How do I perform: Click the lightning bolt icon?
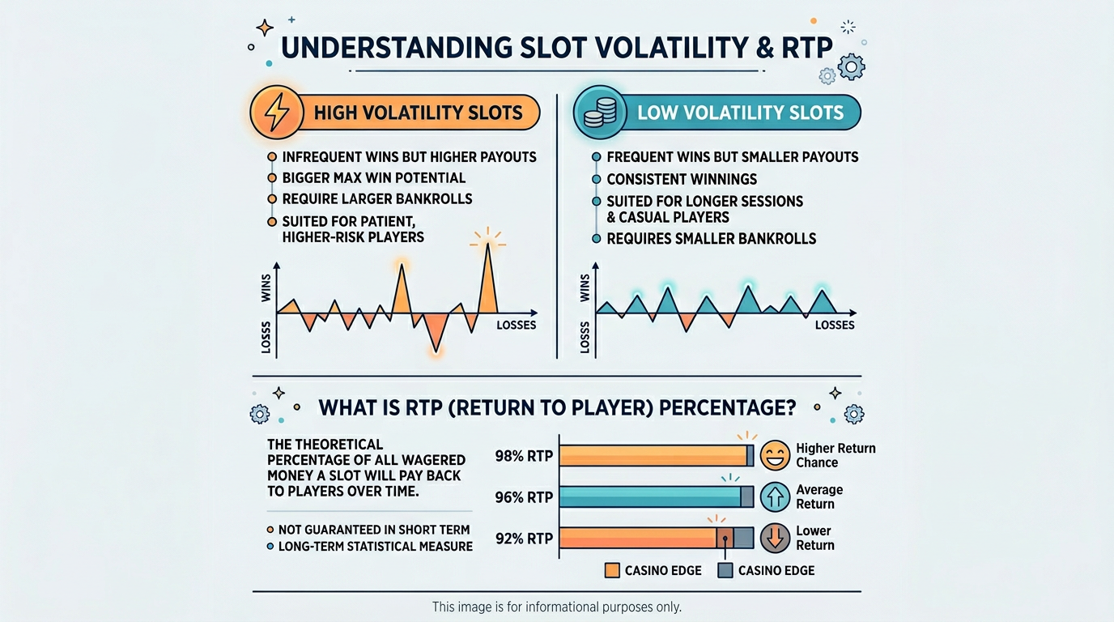coord(277,112)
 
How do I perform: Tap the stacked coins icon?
coord(600,113)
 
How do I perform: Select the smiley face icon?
coord(775,455)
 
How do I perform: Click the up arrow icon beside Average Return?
coord(775,496)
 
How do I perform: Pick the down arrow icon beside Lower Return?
coord(775,538)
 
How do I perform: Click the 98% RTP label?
coord(524,456)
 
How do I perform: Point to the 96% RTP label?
coord(524,497)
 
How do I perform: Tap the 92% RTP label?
coord(524,539)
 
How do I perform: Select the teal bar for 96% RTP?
coord(650,497)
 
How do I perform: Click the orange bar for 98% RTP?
coord(653,456)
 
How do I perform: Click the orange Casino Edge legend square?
coord(612,570)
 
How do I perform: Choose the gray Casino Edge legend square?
coord(725,570)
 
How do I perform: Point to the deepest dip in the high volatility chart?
coord(436,351)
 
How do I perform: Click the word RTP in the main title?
coord(806,48)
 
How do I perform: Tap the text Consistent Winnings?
coord(682,179)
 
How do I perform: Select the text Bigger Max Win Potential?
coord(374,177)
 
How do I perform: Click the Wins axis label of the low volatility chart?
coord(585,288)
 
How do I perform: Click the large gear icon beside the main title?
coord(852,66)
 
